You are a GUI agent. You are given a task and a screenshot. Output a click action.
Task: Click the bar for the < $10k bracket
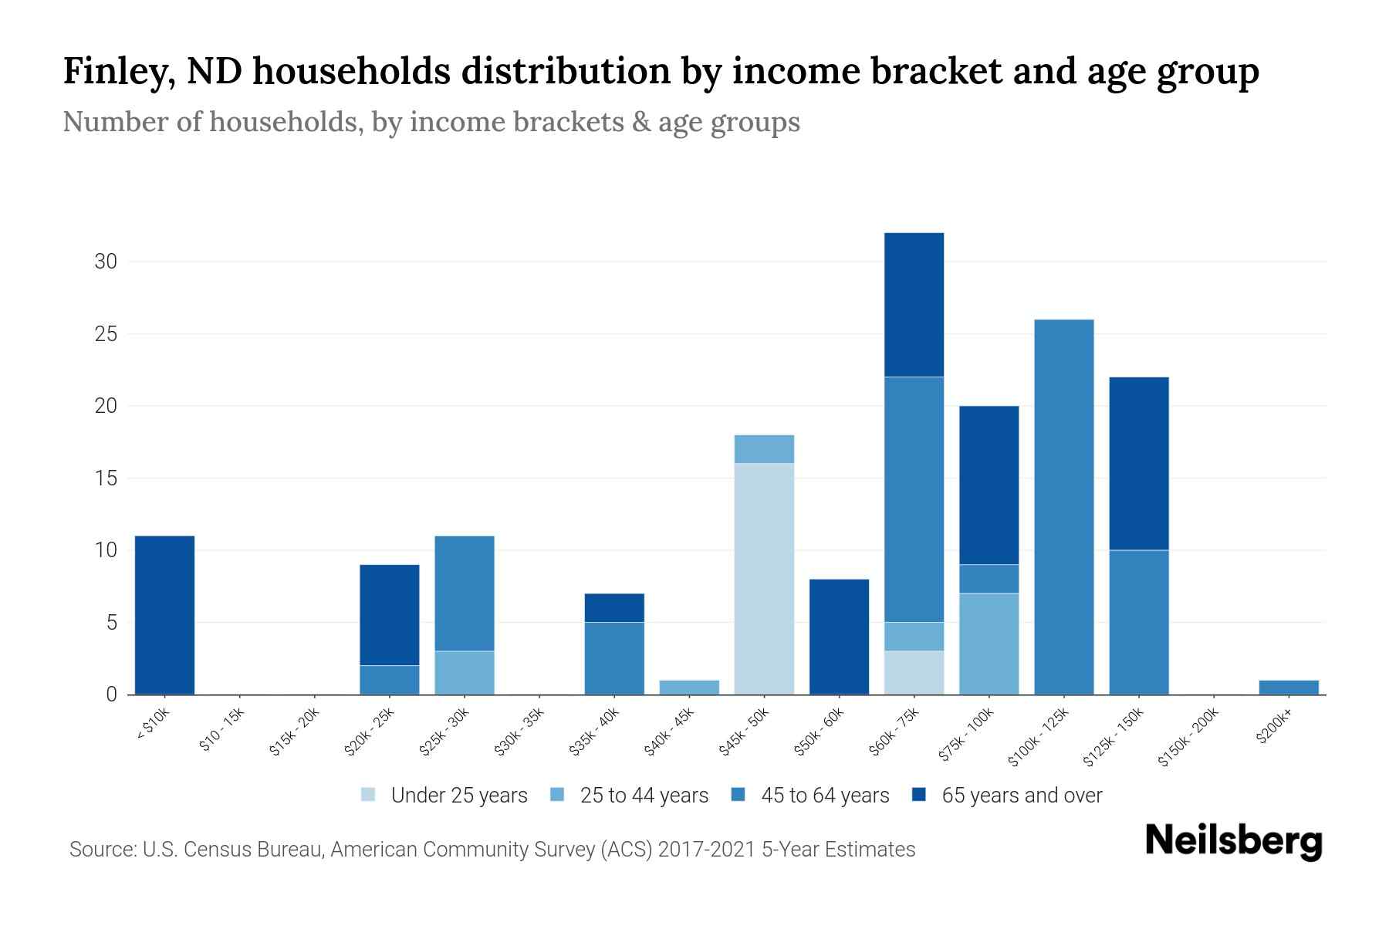point(164,615)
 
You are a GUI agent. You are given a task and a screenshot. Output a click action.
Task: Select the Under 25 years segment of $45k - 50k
point(764,579)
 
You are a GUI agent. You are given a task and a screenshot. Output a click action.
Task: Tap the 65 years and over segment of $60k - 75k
point(914,305)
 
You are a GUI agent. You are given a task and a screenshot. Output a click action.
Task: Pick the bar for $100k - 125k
point(1063,507)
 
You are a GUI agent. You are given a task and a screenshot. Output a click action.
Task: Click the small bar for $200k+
point(1288,687)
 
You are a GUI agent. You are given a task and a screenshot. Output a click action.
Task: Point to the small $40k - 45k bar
point(689,687)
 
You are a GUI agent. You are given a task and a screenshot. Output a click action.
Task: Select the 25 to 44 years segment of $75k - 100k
point(989,644)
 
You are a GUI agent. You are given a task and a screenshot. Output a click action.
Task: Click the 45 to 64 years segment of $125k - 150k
point(1138,622)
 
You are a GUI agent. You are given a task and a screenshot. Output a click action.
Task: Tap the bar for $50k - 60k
point(839,637)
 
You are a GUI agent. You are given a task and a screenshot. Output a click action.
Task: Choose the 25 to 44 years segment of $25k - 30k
point(465,672)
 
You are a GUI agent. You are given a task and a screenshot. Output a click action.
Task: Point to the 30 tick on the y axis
point(106,262)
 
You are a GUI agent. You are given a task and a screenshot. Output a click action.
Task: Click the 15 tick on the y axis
point(106,478)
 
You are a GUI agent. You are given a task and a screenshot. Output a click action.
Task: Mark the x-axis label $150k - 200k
point(1189,737)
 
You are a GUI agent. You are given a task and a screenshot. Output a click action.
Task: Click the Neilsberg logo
point(1232,841)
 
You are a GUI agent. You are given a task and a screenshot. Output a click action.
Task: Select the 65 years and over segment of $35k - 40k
point(614,607)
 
